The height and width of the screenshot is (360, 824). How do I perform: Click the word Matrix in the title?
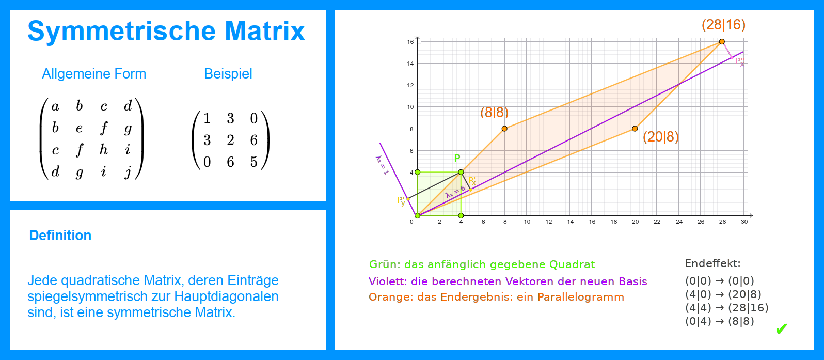[x=264, y=30]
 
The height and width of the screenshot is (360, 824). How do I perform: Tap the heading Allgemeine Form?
[x=94, y=74]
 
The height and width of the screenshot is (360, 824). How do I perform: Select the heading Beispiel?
[x=228, y=74]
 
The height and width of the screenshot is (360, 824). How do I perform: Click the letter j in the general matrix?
[x=128, y=172]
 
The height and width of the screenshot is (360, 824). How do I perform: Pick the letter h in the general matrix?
[x=104, y=149]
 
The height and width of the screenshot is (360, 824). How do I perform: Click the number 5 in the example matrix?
[x=254, y=162]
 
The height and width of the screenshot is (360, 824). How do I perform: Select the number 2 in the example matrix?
[x=230, y=140]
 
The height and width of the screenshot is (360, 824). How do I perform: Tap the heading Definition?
[x=60, y=236]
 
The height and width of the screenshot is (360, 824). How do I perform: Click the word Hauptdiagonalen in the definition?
[x=226, y=296]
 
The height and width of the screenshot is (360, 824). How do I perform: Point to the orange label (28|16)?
[x=723, y=25]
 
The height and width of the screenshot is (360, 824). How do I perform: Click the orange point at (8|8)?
[x=504, y=129]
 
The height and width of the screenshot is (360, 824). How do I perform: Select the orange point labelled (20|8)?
[x=635, y=129]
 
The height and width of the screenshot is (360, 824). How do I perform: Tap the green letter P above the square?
[x=457, y=158]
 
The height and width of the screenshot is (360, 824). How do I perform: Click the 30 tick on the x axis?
[x=744, y=222]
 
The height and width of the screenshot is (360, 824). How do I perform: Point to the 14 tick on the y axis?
[x=410, y=64]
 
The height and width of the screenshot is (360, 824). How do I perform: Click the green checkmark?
[x=782, y=328]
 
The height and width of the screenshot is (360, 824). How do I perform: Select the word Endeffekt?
[x=712, y=263]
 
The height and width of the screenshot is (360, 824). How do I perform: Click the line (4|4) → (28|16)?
[x=727, y=308]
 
